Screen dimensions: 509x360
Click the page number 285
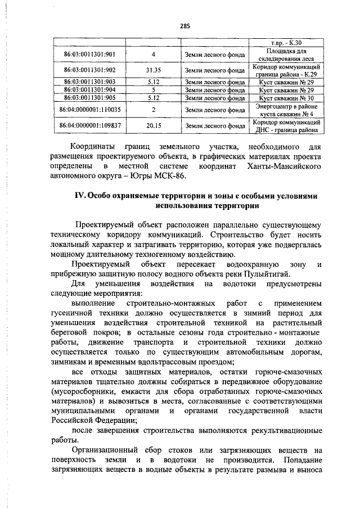tap(186, 25)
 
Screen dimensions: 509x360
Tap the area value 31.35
tap(153, 70)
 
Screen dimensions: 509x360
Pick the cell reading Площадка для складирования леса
tap(286, 55)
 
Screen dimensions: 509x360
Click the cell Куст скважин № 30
tap(286, 97)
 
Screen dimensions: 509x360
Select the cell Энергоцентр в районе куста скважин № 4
tap(286, 109)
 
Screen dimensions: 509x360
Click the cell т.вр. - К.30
tap(286, 42)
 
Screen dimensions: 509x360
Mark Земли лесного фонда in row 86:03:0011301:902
tap(214, 70)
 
